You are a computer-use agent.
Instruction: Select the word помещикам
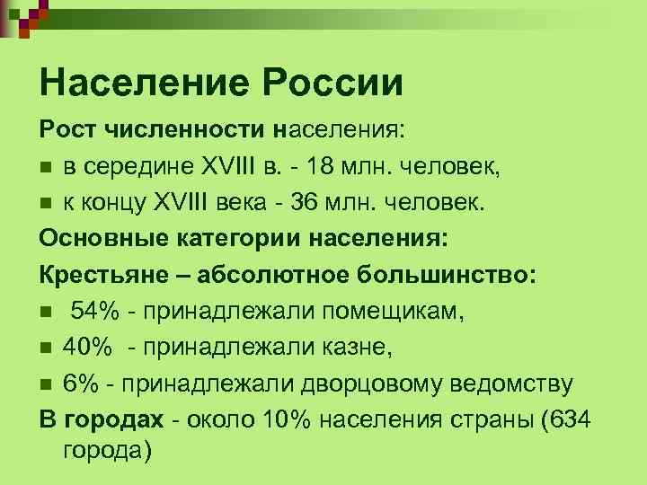pos(385,312)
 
